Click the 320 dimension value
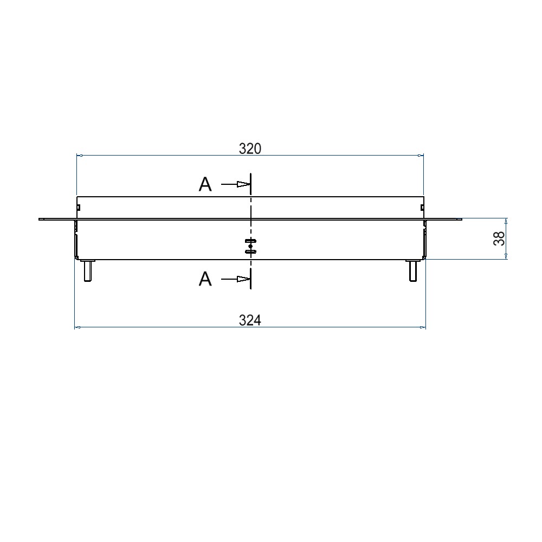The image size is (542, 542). [250, 149]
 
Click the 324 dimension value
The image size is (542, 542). [250, 321]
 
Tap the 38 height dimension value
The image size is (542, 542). [499, 238]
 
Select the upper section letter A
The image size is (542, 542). [205, 185]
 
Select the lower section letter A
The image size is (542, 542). [205, 280]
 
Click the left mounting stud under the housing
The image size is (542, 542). [87, 270]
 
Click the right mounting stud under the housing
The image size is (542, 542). [413, 270]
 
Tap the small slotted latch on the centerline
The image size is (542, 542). [250, 246]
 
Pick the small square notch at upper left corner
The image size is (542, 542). [79, 207]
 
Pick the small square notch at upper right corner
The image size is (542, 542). [421, 207]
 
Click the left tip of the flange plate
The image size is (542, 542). [40, 219]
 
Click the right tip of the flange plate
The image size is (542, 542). [461, 219]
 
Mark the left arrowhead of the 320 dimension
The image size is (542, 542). [79, 156]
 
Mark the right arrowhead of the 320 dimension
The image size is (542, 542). [421, 156]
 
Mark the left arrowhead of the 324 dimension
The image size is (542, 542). [76, 327]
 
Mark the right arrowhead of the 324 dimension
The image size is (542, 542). [423, 327]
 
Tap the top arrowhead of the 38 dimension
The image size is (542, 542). [507, 221]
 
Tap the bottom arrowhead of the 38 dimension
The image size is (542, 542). [507, 257]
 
